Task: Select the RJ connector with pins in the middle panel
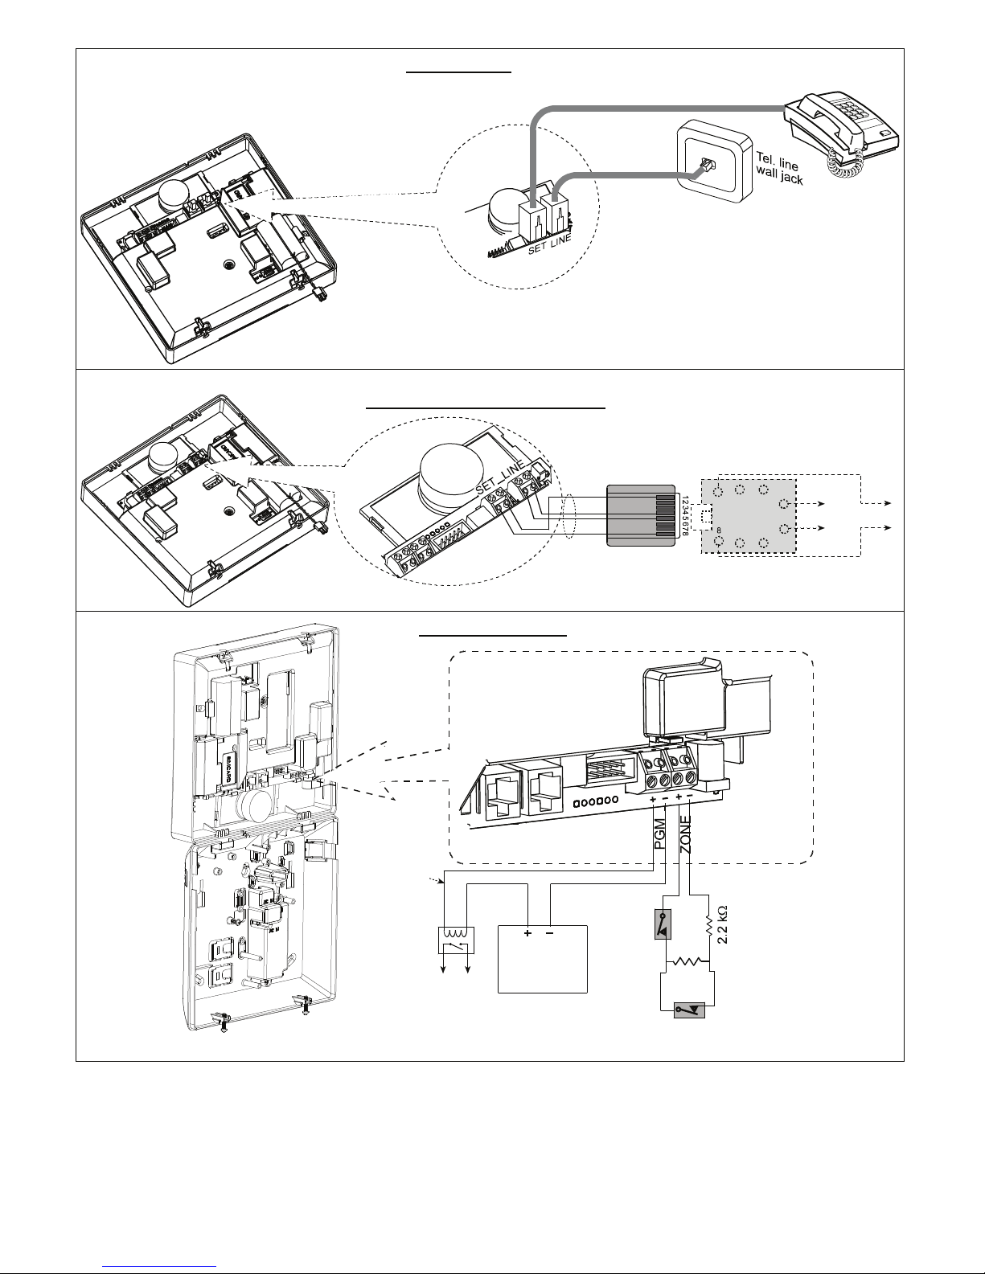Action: click(x=642, y=515)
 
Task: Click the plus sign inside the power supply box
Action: click(x=528, y=935)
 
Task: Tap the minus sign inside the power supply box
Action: click(x=550, y=935)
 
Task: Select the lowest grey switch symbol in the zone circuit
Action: click(x=689, y=1009)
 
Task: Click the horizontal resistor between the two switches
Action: click(x=689, y=961)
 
